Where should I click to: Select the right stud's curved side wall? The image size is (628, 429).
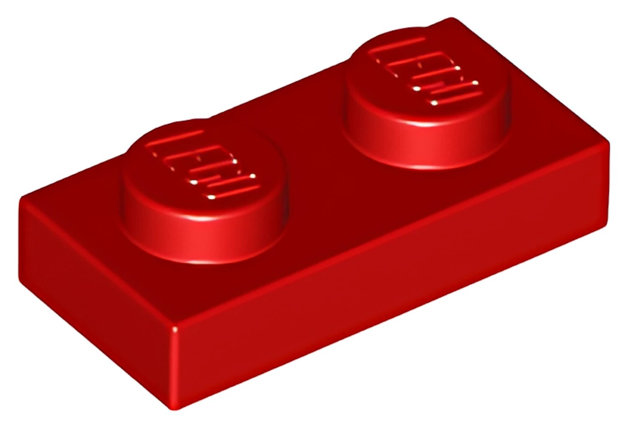click(x=427, y=138)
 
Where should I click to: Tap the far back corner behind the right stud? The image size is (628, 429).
click(x=451, y=19)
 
